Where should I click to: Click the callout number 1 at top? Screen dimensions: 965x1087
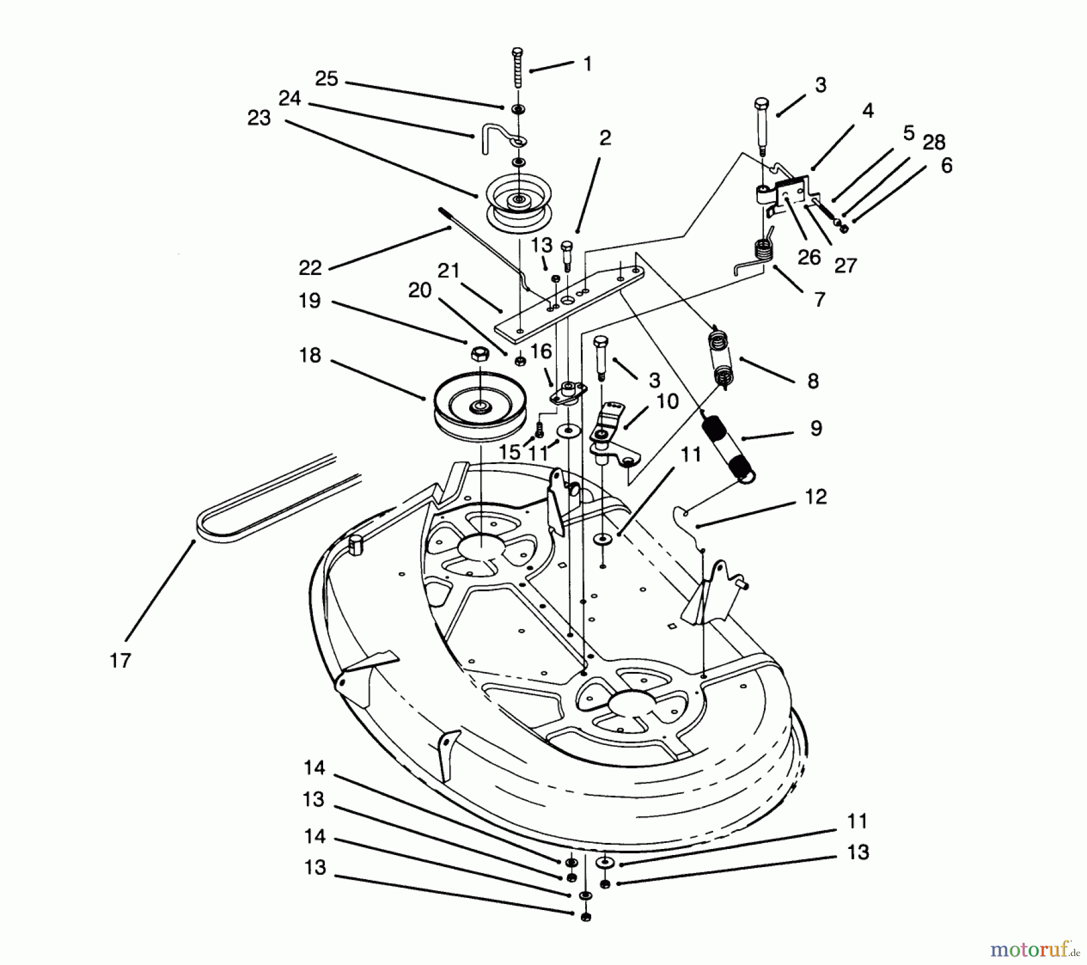[588, 64]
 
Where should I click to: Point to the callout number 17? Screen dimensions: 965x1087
[120, 660]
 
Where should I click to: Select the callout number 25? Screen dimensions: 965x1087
[327, 79]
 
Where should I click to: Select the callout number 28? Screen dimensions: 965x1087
[934, 143]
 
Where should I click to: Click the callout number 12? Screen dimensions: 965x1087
[815, 497]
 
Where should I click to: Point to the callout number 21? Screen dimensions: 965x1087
[449, 271]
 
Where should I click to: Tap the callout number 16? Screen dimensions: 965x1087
[541, 351]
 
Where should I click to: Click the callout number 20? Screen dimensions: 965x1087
[420, 290]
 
